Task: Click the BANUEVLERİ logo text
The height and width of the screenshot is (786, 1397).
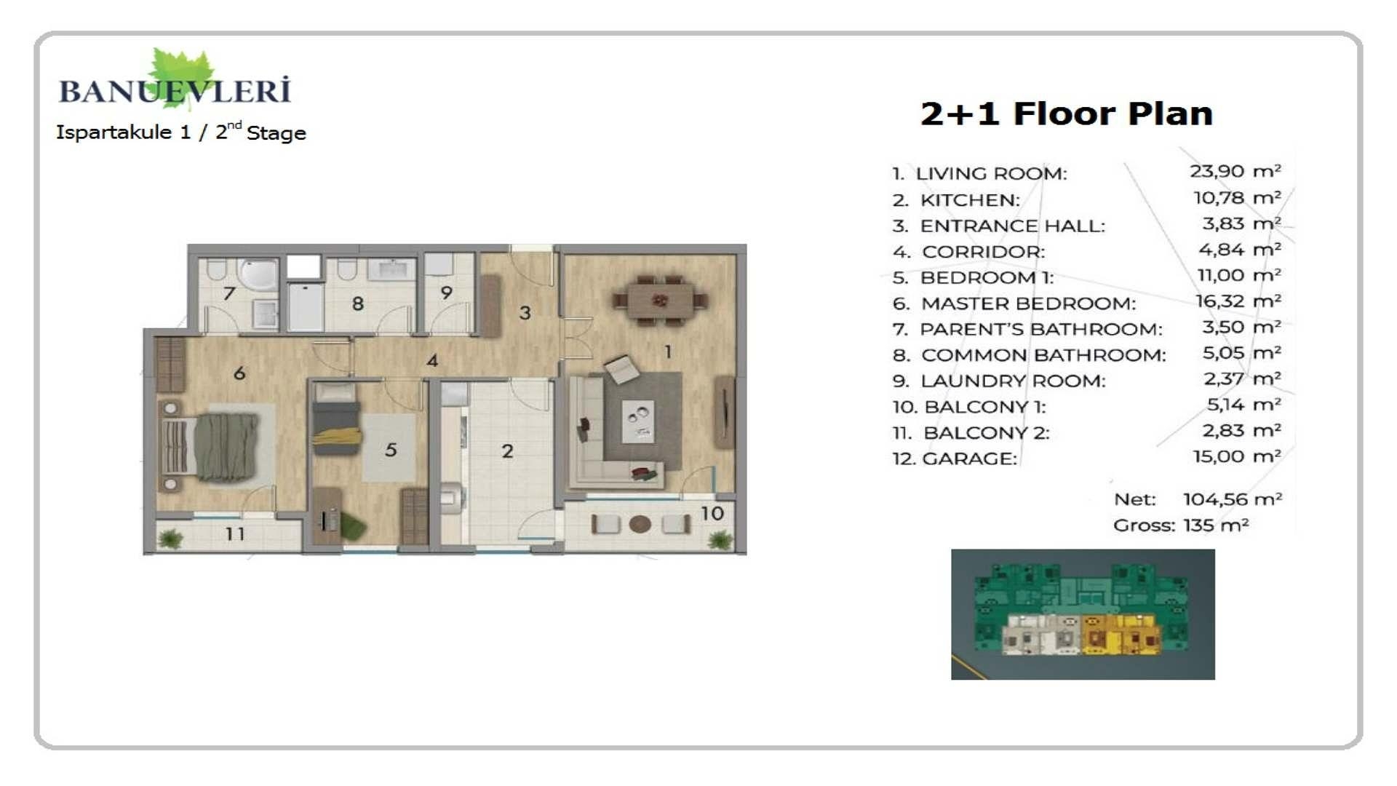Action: (x=175, y=92)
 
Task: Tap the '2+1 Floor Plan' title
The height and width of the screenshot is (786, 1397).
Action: (x=1066, y=114)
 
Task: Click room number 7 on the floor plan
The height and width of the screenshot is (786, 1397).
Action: (x=229, y=293)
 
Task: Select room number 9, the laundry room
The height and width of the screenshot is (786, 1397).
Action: (x=446, y=293)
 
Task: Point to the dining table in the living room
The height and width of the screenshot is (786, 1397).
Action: (x=660, y=298)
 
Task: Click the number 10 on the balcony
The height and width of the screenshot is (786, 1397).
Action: (x=712, y=514)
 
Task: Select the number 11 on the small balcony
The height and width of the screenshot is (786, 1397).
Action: (x=234, y=534)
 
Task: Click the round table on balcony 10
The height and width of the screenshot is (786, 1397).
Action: (x=640, y=524)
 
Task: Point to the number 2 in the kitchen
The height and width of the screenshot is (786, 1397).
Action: (x=507, y=451)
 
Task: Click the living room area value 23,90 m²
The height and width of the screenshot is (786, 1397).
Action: (x=1235, y=172)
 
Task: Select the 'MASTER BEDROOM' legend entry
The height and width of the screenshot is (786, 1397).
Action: (x=1027, y=303)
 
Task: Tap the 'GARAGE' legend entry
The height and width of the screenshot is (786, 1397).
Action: (x=968, y=459)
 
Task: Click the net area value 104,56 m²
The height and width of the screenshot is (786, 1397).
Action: (x=1232, y=499)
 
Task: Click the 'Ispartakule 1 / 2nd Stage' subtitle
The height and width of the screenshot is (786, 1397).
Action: (x=181, y=132)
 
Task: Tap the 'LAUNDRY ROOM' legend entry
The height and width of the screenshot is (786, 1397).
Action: (x=1012, y=381)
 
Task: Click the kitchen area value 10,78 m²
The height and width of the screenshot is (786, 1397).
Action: (x=1236, y=198)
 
